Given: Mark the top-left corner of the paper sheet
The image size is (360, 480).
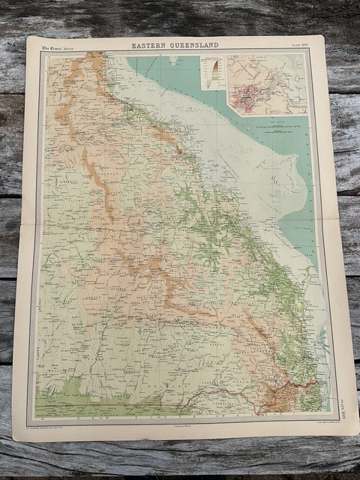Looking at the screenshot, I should point(28,37).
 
